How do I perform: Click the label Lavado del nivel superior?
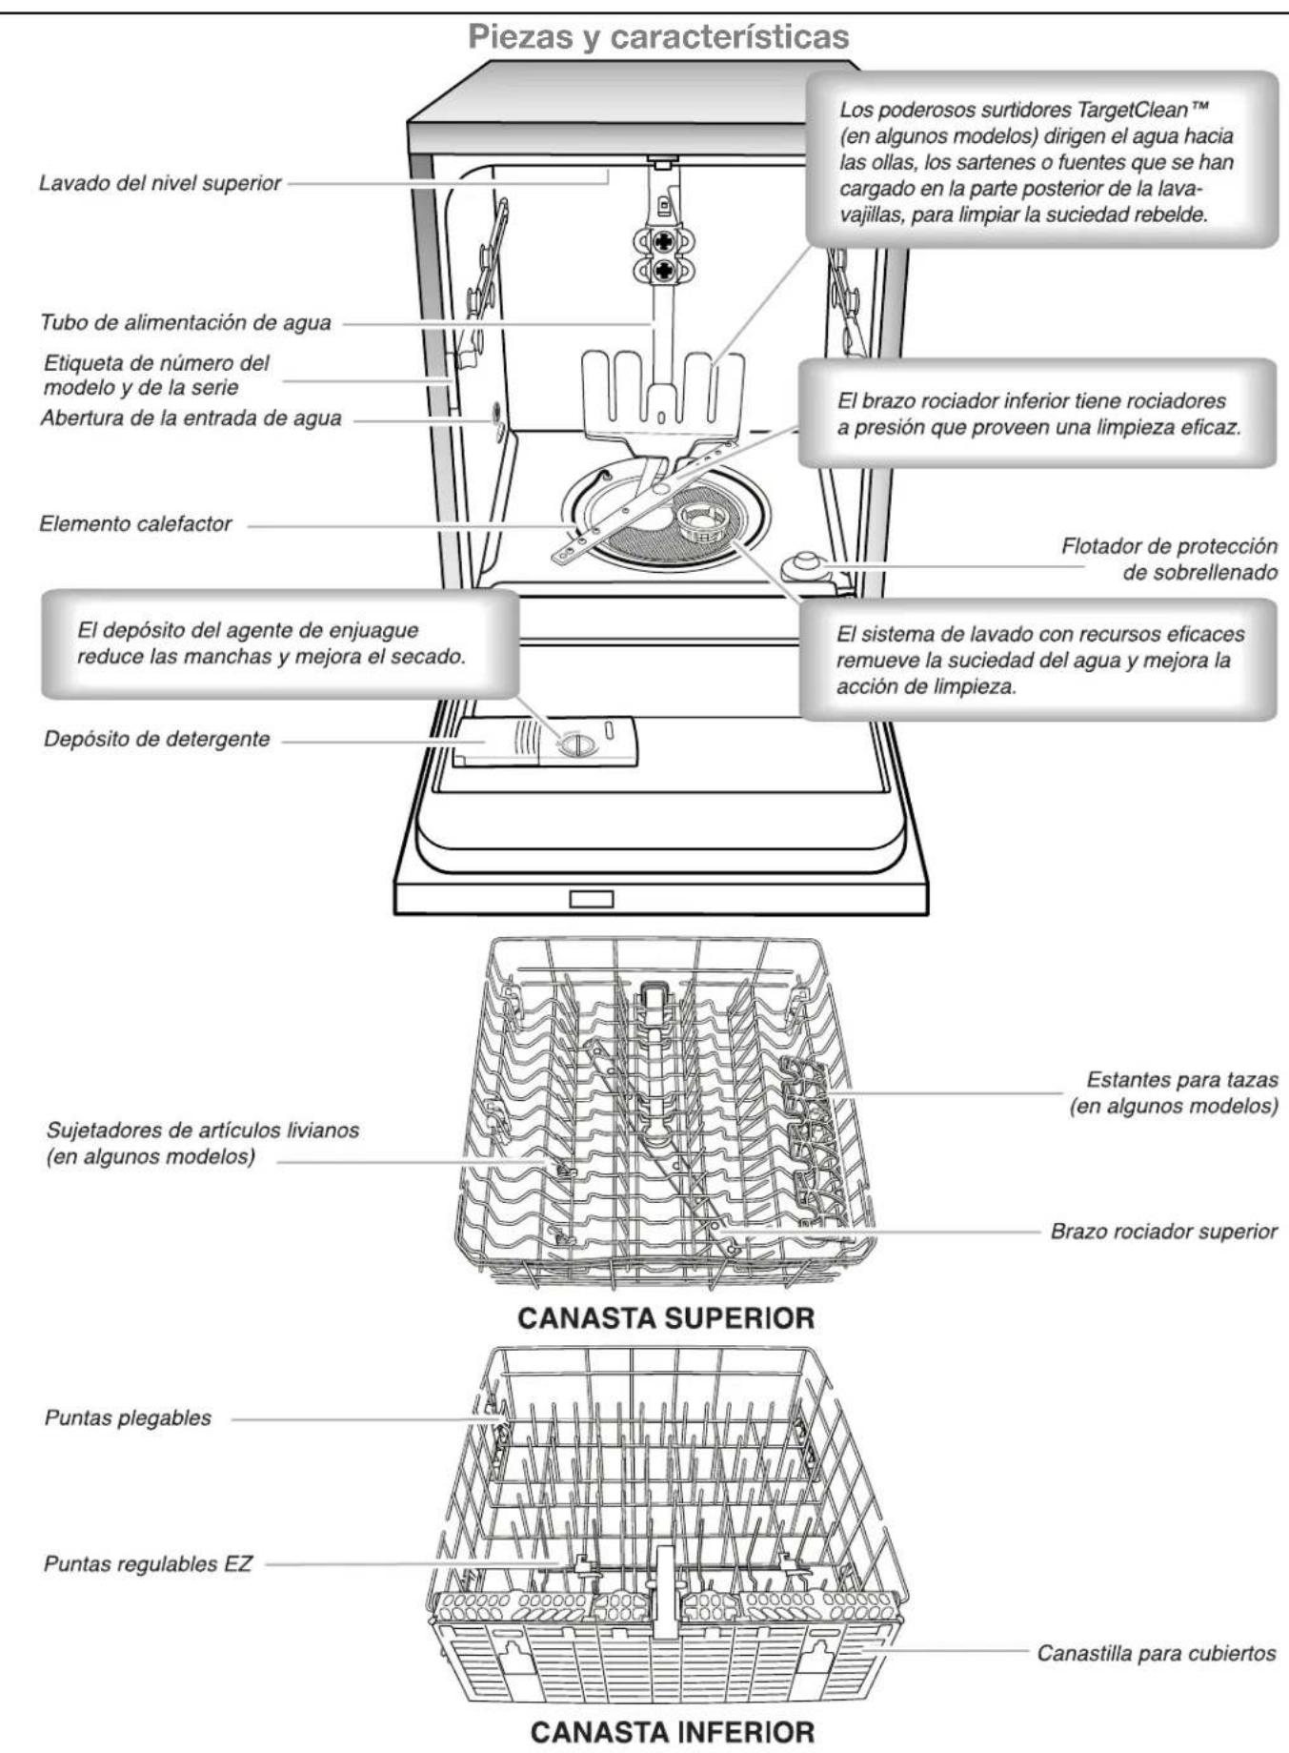coord(159,183)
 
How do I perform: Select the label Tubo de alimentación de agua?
coord(185,323)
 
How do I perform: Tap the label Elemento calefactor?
coord(134,523)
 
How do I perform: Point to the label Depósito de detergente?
coord(156,739)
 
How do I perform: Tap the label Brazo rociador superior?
coord(1162,1231)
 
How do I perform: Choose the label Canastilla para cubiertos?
coord(1156,1653)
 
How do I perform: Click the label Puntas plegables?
coord(128,1417)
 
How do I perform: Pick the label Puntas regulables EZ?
coord(148,1564)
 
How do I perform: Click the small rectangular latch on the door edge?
coord(591,898)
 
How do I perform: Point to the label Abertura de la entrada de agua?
coord(190,418)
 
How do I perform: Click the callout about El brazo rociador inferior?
coord(1037,414)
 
